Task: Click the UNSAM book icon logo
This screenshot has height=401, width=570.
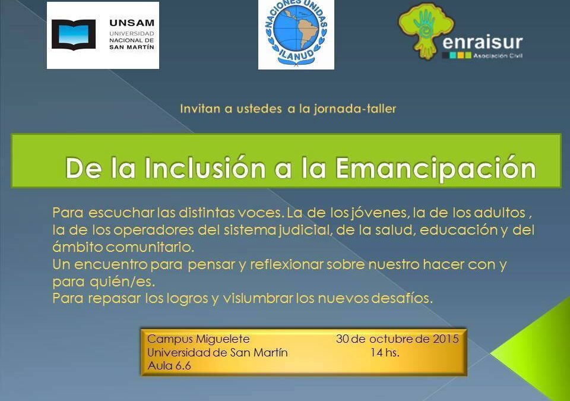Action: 73,34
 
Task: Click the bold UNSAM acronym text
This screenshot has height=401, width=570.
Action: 131,23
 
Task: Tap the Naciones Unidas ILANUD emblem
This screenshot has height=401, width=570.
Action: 296,34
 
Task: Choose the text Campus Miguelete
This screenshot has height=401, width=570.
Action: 198,339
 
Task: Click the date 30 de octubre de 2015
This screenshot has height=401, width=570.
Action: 397,339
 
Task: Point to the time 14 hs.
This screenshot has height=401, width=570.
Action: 384,352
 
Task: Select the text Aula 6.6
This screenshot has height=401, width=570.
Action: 169,366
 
